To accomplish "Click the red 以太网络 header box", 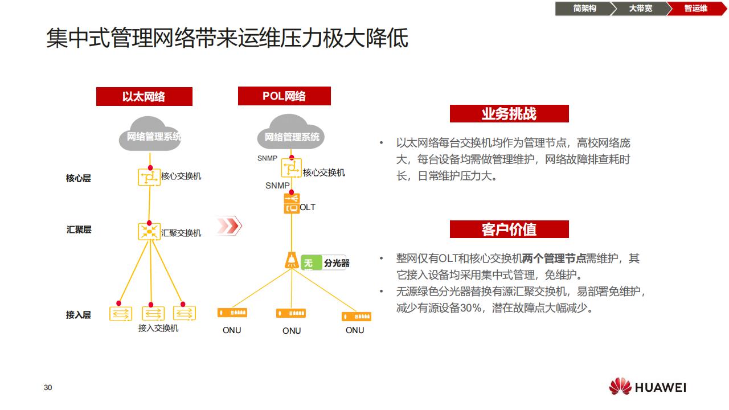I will point(144,97).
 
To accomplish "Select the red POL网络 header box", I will point(284,96).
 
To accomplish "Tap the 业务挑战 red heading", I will point(509,114).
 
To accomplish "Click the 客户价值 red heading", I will point(509,229).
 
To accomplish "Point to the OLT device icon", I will point(292,203).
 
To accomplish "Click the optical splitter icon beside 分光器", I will point(292,260).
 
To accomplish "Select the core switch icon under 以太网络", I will point(149,177).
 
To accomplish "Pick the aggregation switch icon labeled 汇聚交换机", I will point(149,231).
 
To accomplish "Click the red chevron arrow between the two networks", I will point(229,226).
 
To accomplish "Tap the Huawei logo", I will point(648,387).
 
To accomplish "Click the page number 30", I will point(48,388).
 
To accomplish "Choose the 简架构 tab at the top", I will point(584,9).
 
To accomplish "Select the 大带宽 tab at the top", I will point(640,9).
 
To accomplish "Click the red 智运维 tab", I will point(695,9).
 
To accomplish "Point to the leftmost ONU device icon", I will point(232,313).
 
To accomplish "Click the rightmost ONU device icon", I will point(356,316).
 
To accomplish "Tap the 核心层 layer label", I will point(79,178).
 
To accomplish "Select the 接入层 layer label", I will point(79,314).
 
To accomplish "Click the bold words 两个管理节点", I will point(554,259).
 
